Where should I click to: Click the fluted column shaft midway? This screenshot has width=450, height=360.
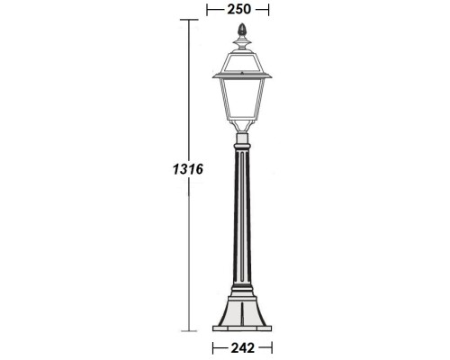click(x=241, y=216)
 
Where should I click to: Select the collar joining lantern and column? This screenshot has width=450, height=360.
click(x=241, y=139)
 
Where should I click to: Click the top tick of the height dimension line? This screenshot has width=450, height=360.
click(x=188, y=20)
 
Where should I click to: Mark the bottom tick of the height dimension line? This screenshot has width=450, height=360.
click(x=188, y=331)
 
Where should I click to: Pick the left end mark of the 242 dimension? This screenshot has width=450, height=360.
click(x=212, y=346)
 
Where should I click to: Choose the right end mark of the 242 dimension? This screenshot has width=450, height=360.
click(x=271, y=346)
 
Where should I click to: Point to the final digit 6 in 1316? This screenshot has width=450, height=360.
click(x=198, y=168)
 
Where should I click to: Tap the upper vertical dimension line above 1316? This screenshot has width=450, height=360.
click(x=188, y=90)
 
